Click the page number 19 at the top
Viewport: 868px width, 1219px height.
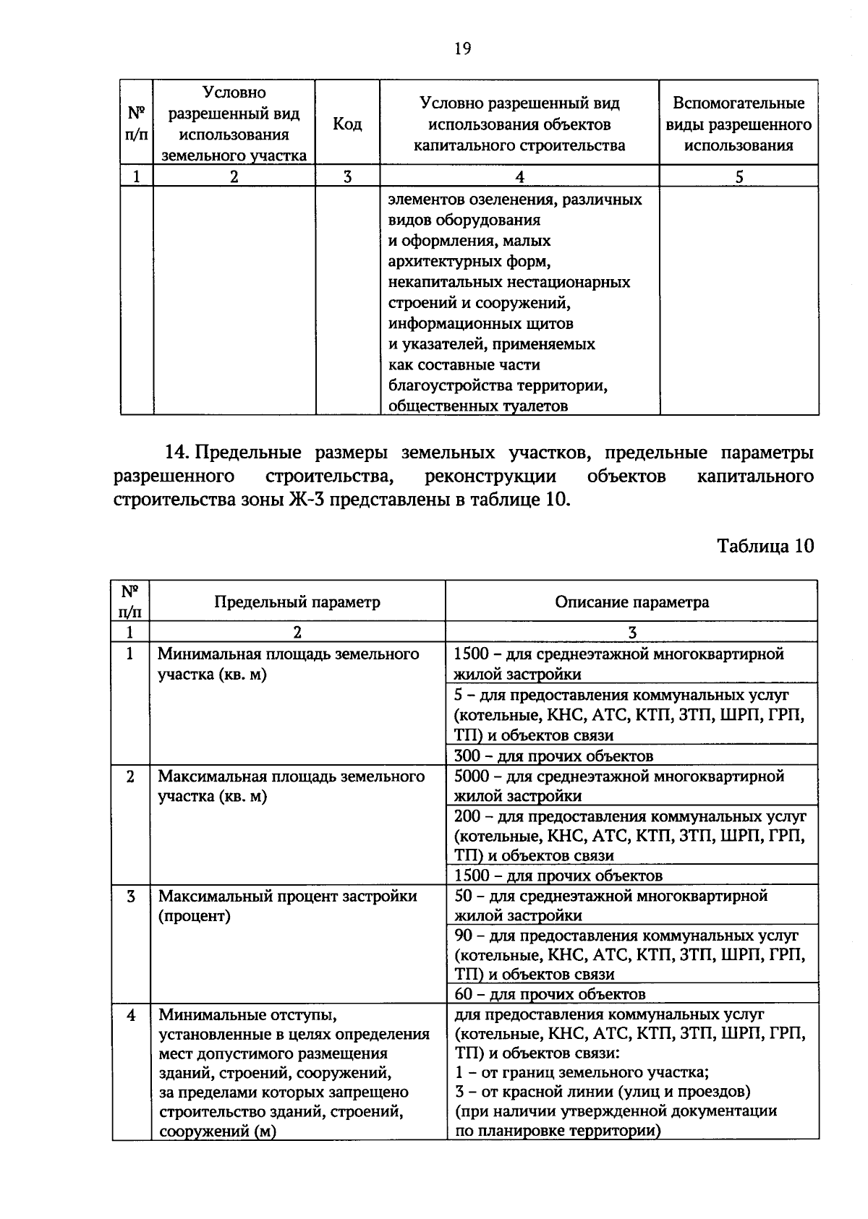pos(462,48)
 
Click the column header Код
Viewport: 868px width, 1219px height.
pos(347,124)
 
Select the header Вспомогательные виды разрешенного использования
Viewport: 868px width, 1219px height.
pos(739,124)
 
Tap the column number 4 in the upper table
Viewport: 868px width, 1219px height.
pos(519,176)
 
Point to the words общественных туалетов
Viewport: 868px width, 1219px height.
pos(478,406)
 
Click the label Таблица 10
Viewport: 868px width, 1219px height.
pos(765,545)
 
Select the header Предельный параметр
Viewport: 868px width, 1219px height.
pos(297,602)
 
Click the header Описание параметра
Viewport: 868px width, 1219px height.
pos(631,602)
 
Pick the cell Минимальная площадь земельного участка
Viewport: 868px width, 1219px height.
pos(289,664)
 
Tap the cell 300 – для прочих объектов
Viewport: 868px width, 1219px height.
pos(553,756)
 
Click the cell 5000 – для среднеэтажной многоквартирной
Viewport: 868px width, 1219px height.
pos(619,777)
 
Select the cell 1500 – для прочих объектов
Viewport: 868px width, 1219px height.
pos(558,876)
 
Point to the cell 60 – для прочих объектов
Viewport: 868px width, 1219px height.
pos(550,994)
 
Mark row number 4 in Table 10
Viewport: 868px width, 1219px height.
pos(131,1015)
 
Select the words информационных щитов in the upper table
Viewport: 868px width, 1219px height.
pos(481,323)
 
